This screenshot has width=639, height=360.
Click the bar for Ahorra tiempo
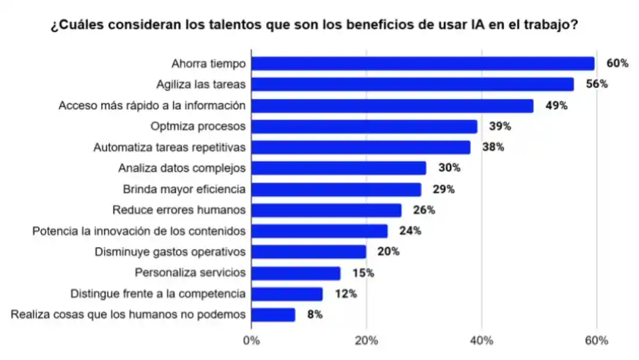coord(423,63)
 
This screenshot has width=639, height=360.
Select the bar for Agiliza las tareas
coord(413,84)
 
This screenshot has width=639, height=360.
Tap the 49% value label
coord(556,106)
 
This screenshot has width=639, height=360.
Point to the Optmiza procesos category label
coord(198,126)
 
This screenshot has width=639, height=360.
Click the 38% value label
coord(492,147)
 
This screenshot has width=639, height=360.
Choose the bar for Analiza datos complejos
coord(339,168)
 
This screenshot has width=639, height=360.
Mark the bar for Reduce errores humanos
coord(326,210)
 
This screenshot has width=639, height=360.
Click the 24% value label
coord(410,231)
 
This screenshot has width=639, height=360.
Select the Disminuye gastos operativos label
coord(170,251)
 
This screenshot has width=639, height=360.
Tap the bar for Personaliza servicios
coord(296,273)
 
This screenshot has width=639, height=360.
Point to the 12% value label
coord(346,294)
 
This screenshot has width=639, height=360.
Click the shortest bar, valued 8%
coord(273,315)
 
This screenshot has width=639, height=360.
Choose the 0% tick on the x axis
coord(251,340)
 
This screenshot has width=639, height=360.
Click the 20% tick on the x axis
coord(366,340)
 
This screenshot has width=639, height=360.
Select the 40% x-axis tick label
coord(481,340)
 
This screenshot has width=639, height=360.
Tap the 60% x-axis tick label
coord(596,340)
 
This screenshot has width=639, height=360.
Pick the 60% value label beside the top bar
coord(617,63)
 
